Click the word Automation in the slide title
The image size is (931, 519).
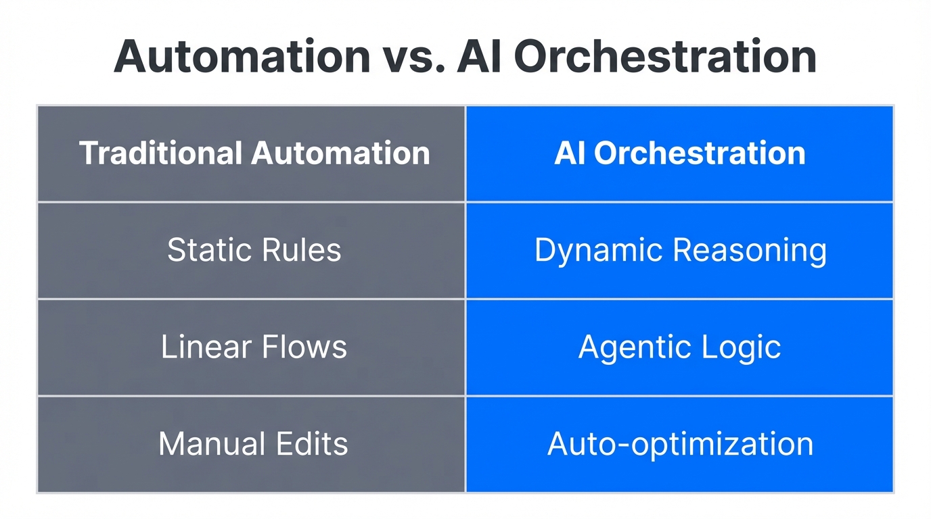242,57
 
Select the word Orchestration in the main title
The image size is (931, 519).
665,57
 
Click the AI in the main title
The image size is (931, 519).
480,57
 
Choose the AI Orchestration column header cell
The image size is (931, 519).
680,153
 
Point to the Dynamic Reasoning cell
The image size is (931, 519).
680,250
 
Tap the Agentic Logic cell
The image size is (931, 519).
680,347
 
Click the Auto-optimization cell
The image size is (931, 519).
680,444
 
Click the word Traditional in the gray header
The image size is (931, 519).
161,153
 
